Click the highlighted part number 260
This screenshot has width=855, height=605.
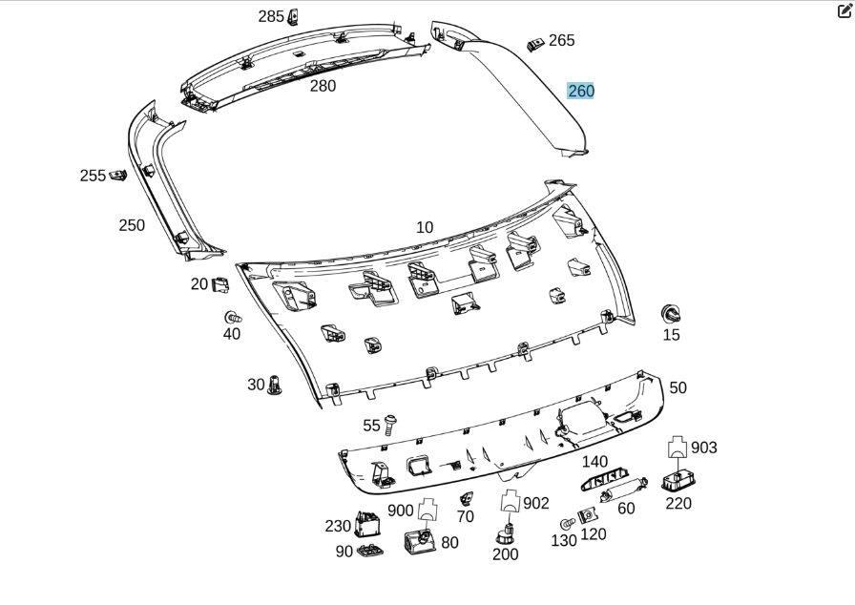pos(580,91)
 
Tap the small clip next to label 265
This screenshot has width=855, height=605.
pos(534,44)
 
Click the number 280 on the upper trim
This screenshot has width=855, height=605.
pos(323,86)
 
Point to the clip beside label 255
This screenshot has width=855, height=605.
pos(118,176)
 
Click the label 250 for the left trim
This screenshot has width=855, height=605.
pos(132,225)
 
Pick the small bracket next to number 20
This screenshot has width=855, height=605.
pos(219,284)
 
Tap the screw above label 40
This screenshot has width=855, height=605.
pos(231,317)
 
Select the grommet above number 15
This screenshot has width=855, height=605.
pos(671,313)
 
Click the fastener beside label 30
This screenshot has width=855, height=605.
pos(275,386)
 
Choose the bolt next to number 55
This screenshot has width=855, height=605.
pos(392,423)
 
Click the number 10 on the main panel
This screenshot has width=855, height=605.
pos(425,227)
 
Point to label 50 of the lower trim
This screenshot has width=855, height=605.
pos(678,387)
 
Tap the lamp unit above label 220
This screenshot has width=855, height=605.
pos(678,480)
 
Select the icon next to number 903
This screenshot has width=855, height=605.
pos(678,447)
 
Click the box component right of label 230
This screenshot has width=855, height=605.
pos(367,525)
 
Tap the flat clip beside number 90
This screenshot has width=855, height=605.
pos(369,552)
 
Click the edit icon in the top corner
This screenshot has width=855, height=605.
pos(844,11)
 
